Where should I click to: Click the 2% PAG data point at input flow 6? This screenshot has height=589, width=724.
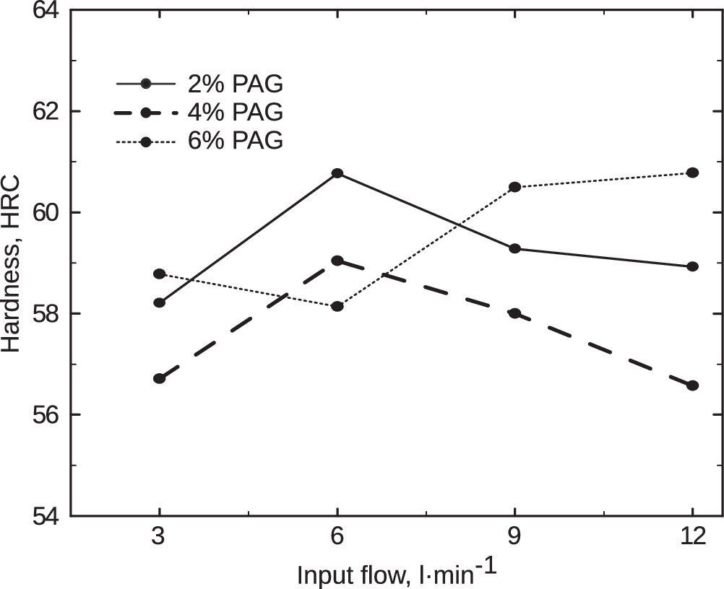tap(337, 173)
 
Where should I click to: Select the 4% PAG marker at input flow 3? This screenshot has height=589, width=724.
tap(160, 378)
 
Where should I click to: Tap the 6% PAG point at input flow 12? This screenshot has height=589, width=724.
tap(692, 173)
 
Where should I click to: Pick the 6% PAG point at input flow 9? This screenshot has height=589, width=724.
tap(514, 187)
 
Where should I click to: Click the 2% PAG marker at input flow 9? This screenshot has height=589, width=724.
tap(514, 248)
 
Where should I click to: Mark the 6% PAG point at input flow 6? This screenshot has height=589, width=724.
tap(337, 306)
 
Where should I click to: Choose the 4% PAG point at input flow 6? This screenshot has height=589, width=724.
tap(337, 260)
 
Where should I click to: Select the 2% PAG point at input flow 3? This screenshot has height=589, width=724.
tap(160, 302)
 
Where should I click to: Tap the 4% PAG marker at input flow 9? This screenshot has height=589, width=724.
tap(514, 313)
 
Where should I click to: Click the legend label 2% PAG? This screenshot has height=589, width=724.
tap(235, 84)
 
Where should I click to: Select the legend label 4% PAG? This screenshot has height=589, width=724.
tap(235, 113)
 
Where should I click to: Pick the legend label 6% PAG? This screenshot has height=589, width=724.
tap(235, 141)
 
